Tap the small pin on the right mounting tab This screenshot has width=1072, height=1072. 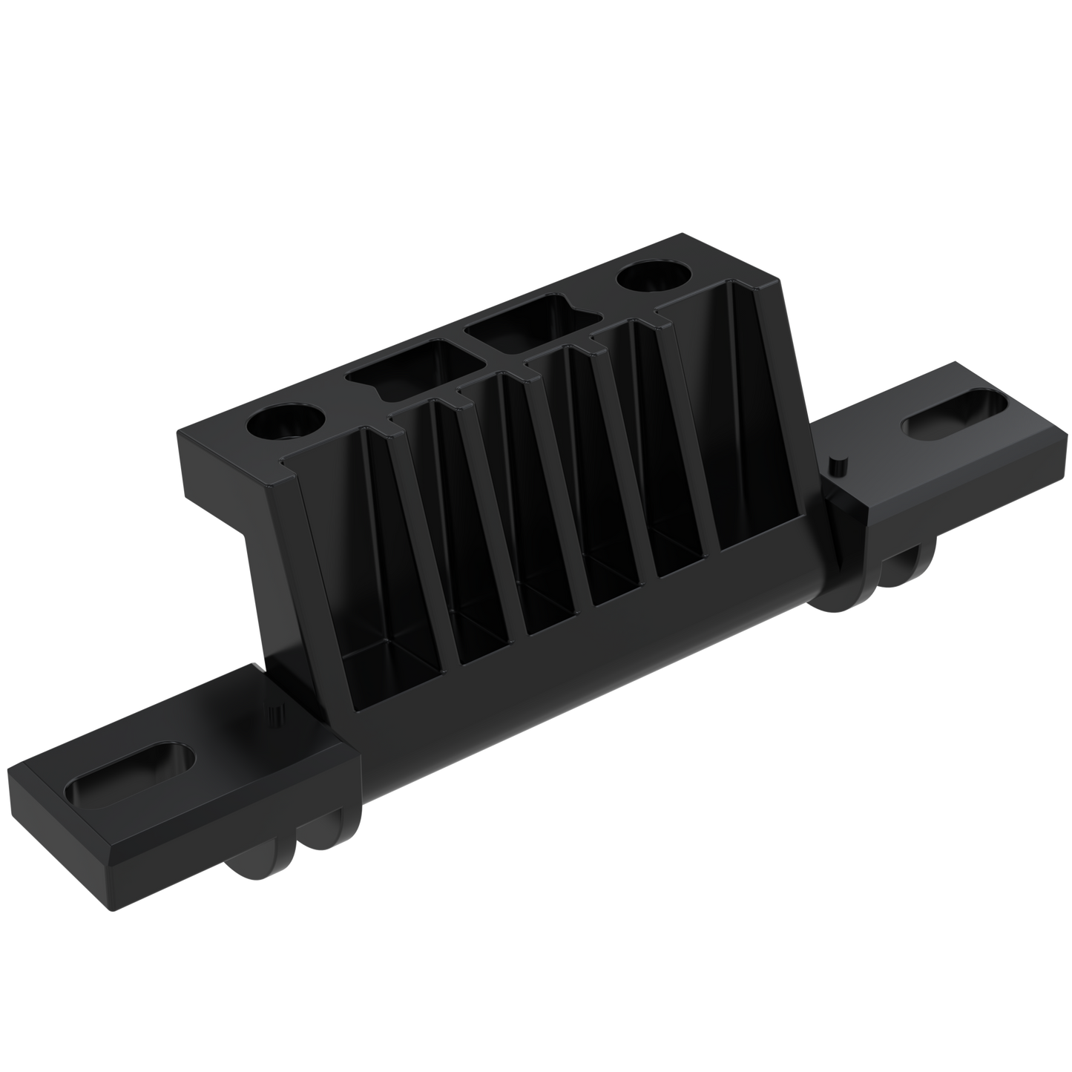click(838, 467)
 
